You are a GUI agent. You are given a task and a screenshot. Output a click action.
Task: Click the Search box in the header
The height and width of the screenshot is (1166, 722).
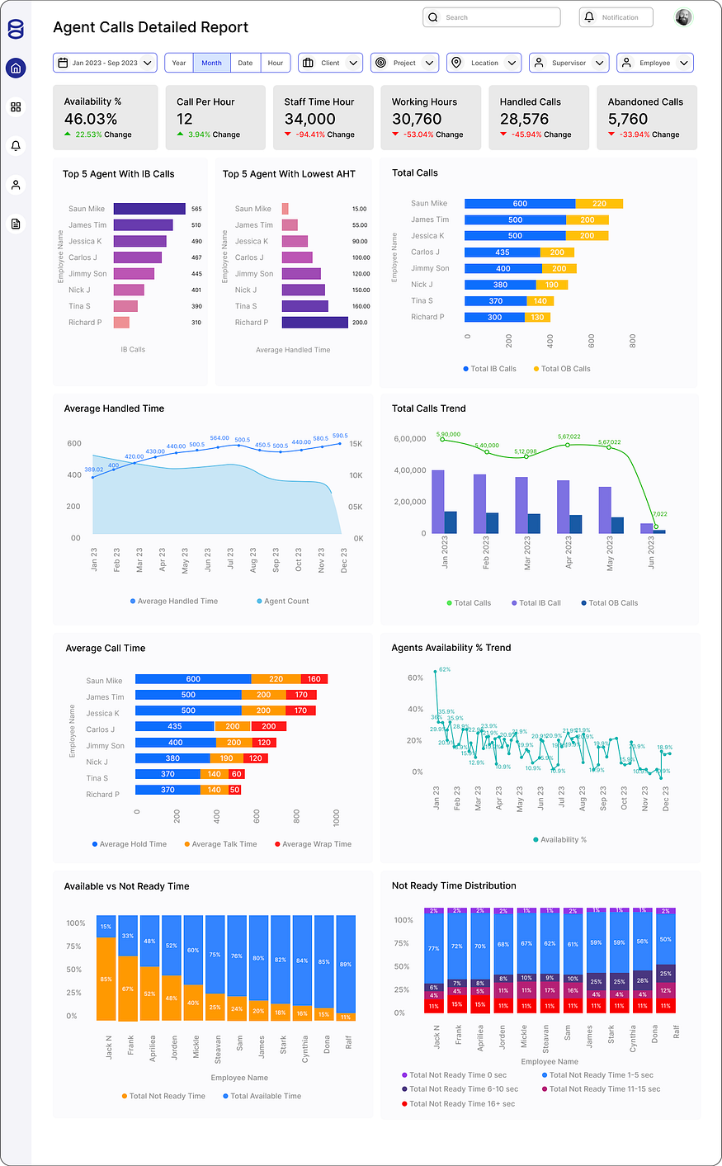click(491, 17)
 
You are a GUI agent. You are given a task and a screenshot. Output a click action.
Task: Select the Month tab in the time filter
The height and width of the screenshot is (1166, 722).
click(211, 63)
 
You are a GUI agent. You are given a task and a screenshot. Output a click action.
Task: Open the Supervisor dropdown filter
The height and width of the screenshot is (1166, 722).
click(569, 63)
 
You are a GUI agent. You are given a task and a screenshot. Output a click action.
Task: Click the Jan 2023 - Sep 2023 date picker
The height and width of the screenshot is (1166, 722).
click(105, 63)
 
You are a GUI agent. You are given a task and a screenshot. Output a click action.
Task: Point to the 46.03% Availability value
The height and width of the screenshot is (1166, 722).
click(91, 119)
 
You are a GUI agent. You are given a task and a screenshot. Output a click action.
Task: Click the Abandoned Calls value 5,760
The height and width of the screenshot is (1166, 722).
click(628, 119)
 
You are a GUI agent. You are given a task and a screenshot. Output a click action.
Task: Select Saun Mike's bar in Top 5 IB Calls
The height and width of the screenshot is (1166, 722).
click(149, 209)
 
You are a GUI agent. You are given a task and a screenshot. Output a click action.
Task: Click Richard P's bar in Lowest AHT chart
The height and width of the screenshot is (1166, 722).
click(315, 323)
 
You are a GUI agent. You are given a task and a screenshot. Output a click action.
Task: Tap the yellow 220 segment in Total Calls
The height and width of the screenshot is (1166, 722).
click(599, 204)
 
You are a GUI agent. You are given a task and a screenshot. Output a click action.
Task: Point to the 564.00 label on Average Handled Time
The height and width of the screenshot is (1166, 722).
click(219, 439)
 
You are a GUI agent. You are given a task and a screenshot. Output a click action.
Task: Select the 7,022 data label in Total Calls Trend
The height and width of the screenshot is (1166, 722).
click(660, 514)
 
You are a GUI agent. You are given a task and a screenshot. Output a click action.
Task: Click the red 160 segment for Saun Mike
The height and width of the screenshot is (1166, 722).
click(314, 679)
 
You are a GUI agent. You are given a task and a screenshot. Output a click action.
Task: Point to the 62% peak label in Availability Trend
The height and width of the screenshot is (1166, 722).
click(445, 669)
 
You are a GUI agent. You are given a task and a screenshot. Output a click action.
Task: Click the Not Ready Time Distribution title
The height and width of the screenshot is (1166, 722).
click(454, 885)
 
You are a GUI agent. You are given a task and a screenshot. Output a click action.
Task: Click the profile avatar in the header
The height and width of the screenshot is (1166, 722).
click(683, 17)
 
